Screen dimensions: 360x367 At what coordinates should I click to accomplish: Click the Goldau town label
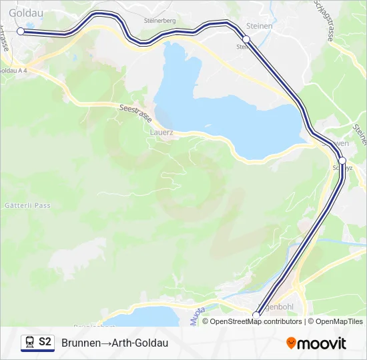click(21, 11)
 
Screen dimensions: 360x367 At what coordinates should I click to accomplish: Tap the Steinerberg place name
click(159, 21)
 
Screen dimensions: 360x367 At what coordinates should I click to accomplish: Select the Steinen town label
click(260, 26)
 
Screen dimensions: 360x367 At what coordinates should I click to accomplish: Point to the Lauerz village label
click(162, 132)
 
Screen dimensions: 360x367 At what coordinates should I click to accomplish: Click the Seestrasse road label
click(135, 112)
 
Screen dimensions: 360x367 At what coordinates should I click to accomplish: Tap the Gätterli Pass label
click(27, 205)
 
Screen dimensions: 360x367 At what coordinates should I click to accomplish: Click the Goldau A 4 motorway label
click(13, 71)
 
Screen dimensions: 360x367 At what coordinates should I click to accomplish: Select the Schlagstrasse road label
click(324, 20)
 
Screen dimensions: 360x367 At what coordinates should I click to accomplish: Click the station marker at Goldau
click(20, 31)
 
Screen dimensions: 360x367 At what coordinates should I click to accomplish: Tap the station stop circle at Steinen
click(246, 39)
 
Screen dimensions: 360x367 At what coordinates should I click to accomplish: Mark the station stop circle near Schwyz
click(342, 161)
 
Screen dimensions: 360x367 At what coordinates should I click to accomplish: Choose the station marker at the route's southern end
click(256, 315)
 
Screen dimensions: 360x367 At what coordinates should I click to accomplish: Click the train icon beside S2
click(29, 343)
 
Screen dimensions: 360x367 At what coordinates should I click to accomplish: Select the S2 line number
click(45, 343)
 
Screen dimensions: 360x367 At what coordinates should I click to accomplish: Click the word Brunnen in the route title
click(81, 343)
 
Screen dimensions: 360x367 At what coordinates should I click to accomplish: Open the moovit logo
click(316, 343)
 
